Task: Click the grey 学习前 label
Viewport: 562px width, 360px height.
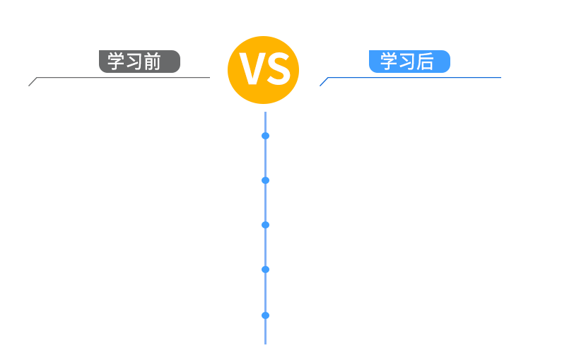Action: click(139, 62)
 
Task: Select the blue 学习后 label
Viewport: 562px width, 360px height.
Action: click(409, 62)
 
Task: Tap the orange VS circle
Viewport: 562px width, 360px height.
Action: click(264, 70)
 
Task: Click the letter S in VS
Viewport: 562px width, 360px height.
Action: click(277, 69)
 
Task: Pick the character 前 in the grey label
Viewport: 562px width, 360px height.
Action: click(152, 62)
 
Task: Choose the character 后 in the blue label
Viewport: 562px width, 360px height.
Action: click(425, 62)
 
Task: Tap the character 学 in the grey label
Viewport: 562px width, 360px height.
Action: click(116, 62)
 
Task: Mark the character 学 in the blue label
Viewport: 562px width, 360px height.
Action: click(389, 62)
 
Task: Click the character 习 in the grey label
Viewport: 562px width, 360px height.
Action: click(134, 62)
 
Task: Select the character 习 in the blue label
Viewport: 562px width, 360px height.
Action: click(406, 62)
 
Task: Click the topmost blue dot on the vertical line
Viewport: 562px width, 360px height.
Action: click(265, 136)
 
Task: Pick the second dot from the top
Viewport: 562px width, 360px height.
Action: click(265, 180)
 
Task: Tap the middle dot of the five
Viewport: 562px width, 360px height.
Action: click(265, 225)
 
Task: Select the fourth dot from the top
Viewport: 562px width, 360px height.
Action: click(265, 269)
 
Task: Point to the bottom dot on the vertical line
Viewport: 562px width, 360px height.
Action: click(265, 315)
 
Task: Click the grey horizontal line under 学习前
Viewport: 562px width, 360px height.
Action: click(123, 77)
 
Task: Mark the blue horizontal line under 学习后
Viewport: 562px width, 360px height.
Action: click(414, 77)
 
